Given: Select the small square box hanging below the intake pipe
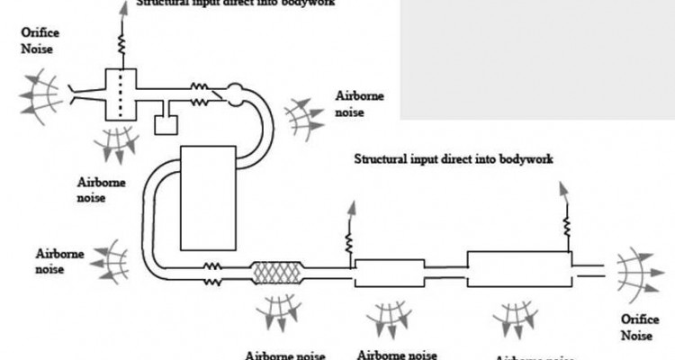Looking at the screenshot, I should point(166,122).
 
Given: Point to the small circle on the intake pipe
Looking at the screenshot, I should point(234,90).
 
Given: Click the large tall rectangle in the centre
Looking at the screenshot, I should point(209,197).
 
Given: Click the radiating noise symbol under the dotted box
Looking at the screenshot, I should point(117,144).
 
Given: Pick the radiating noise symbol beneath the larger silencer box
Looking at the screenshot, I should point(518,316).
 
